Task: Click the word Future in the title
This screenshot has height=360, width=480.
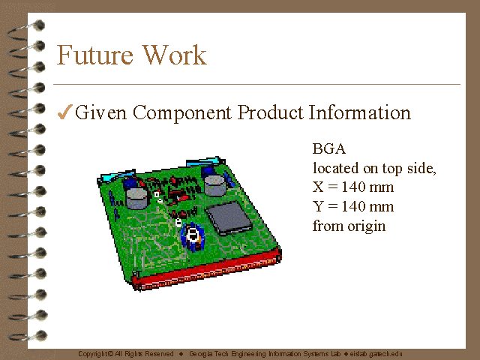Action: coord(95,55)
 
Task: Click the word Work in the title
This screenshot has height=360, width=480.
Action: coord(175,55)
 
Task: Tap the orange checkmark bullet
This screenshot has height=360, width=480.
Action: coord(65,112)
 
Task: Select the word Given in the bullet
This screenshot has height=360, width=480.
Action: coord(100,112)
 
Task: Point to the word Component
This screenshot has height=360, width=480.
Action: coord(182,112)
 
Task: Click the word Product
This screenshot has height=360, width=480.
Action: coord(270,112)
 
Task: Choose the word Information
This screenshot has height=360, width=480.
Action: coord(360,112)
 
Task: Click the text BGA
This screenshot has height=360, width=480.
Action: coord(329,148)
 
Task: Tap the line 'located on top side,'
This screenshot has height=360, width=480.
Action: coord(374,168)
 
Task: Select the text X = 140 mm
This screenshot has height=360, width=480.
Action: coord(353,187)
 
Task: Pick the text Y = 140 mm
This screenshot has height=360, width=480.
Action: coord(353,206)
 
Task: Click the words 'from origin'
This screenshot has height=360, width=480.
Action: coord(349,226)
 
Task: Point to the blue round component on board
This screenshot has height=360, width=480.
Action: coord(192,236)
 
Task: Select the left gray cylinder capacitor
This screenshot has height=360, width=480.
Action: coord(136,198)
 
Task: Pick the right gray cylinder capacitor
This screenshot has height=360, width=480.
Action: coord(214,185)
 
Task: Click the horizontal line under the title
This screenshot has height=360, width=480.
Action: coord(256,84)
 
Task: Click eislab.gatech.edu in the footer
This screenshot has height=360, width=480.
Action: coord(376,354)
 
